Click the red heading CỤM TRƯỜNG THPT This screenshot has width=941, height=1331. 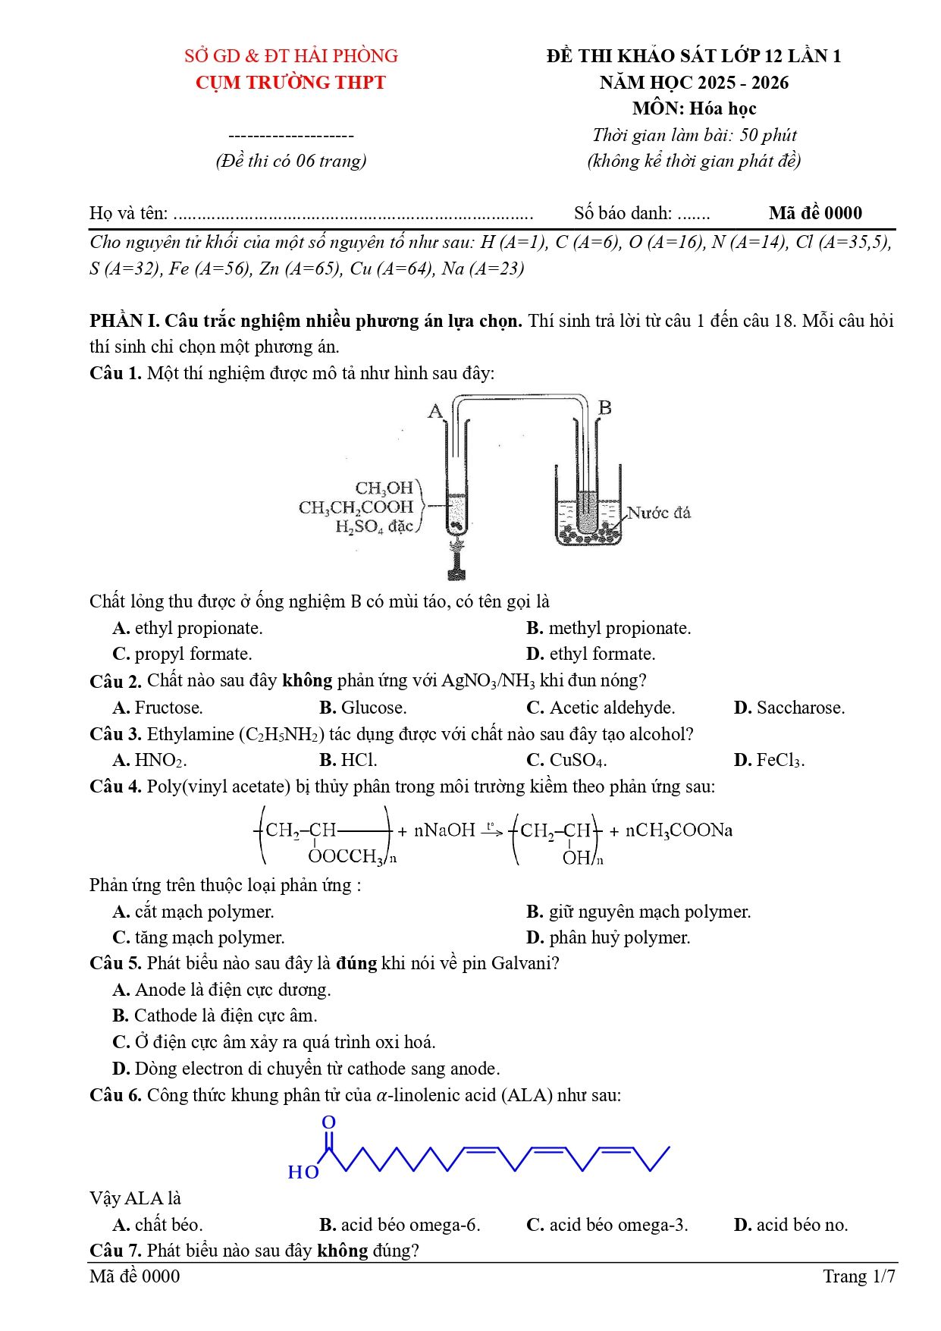pyautogui.click(x=290, y=83)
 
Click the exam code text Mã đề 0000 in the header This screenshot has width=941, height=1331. pyautogui.click(x=815, y=213)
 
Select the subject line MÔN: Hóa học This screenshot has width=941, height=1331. pyautogui.click(x=694, y=108)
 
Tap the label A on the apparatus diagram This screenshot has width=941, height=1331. pyautogui.click(x=435, y=411)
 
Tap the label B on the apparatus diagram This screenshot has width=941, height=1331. pyautogui.click(x=604, y=407)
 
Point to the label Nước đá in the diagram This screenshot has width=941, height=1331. pyautogui.click(x=659, y=513)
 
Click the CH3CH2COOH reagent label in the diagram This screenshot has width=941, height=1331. pyautogui.click(x=356, y=507)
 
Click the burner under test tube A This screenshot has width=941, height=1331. pyautogui.click(x=456, y=561)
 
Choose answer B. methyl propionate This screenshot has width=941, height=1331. pyautogui.click(x=609, y=628)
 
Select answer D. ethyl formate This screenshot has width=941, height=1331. pyautogui.click(x=591, y=654)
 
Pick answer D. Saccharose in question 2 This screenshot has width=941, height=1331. pyautogui.click(x=789, y=708)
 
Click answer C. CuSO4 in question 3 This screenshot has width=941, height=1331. pyautogui.click(x=566, y=760)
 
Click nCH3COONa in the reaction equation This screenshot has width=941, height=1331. pyautogui.click(x=679, y=830)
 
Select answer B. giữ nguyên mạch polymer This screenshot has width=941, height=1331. pyautogui.click(x=638, y=912)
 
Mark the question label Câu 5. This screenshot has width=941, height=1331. pyautogui.click(x=115, y=963)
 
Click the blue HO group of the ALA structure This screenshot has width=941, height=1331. pyautogui.click(x=303, y=1172)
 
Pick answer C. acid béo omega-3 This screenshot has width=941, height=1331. pyautogui.click(x=607, y=1225)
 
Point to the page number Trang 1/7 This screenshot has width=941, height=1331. pyautogui.click(x=859, y=1276)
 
